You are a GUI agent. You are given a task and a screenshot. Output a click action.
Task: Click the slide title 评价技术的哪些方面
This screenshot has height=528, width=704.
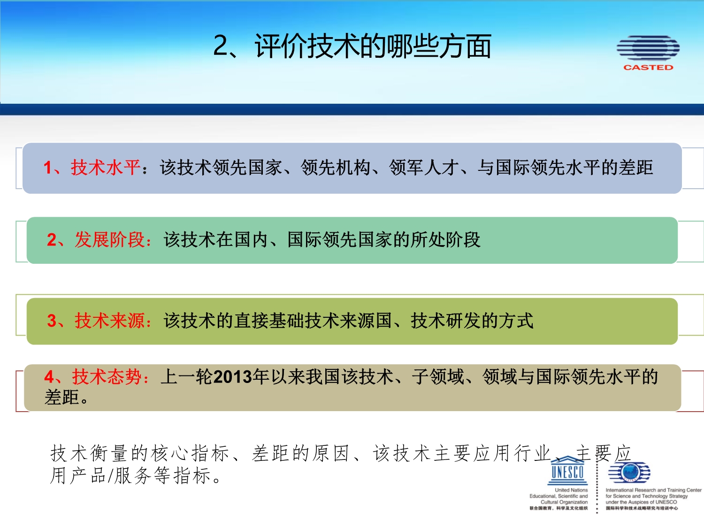pyautogui.click(x=373, y=46)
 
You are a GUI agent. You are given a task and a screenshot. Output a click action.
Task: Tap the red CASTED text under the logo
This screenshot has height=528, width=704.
pyautogui.click(x=648, y=67)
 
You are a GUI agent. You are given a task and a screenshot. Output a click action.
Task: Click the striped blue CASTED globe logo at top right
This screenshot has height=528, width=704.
pyautogui.click(x=648, y=48)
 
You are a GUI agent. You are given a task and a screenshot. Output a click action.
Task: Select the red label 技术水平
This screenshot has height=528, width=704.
pyautogui.click(x=106, y=168)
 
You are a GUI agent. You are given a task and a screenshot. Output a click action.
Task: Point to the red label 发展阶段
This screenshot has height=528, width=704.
pyautogui.click(x=110, y=239)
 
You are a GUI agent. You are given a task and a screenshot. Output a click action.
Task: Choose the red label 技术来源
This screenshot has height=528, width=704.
pyautogui.click(x=110, y=320)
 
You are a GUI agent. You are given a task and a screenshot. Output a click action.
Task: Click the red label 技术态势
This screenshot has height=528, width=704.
pyautogui.click(x=107, y=376)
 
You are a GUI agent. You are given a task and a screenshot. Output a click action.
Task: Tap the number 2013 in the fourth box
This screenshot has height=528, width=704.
pyautogui.click(x=233, y=377)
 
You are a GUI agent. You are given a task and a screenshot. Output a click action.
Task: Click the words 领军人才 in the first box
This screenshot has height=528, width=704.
pyautogui.click(x=424, y=168)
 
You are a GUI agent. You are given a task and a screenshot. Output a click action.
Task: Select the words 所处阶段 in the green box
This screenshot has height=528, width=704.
pyautogui.click(x=445, y=239)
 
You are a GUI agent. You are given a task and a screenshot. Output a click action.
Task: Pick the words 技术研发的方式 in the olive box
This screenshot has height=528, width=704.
pyautogui.click(x=472, y=320)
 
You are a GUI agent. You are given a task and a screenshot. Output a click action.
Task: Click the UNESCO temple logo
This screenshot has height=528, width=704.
pyautogui.click(x=567, y=470)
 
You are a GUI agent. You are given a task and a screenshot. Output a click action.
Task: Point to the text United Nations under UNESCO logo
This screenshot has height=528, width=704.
pyautogui.click(x=571, y=490)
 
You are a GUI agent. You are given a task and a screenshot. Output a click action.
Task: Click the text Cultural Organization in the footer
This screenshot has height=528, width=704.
pyautogui.click(x=564, y=502)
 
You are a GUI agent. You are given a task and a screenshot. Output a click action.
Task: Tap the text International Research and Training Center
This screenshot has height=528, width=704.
pyautogui.click(x=654, y=490)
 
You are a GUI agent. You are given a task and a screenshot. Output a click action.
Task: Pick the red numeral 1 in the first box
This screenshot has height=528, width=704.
pyautogui.click(x=48, y=168)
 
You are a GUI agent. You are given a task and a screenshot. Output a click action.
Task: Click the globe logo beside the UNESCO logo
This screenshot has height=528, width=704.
pyautogui.click(x=629, y=472)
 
